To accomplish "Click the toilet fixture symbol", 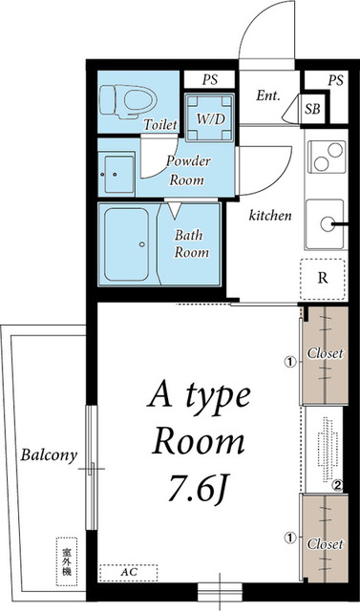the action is pyautogui.click(x=128, y=100).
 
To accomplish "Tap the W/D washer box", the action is pyautogui.click(x=210, y=117).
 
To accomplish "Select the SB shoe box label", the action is pyautogui.click(x=312, y=109).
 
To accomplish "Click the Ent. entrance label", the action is pyautogui.click(x=268, y=95).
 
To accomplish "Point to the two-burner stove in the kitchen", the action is pyautogui.click(x=327, y=156).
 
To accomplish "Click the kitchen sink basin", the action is pyautogui.click(x=325, y=224).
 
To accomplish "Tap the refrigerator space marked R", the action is pyautogui.click(x=323, y=279).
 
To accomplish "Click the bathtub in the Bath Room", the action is pyautogui.click(x=126, y=244).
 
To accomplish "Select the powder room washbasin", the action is pyautogui.click(x=116, y=174).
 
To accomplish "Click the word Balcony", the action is pyautogui.click(x=49, y=455).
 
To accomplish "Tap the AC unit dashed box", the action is pyautogui.click(x=129, y=573).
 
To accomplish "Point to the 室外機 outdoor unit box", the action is pyautogui.click(x=67, y=561).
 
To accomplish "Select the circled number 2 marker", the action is pyautogui.click(x=337, y=485).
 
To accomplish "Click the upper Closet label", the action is pyautogui.click(x=326, y=353).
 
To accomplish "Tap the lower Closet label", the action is pyautogui.click(x=326, y=544).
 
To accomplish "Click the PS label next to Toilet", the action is pyautogui.click(x=210, y=80).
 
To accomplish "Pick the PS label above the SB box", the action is pyautogui.click(x=335, y=80).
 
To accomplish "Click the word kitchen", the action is pyautogui.click(x=270, y=215).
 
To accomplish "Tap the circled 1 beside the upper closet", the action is pyautogui.click(x=289, y=362).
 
